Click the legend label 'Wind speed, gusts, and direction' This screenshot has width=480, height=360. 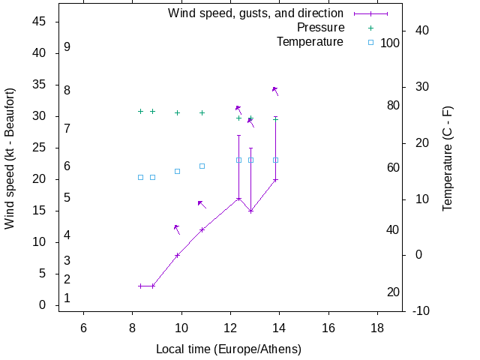click(255, 13)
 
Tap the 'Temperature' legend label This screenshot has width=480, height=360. click(310, 42)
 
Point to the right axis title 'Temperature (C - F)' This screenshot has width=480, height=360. click(448, 158)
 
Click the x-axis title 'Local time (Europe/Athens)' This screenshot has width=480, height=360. click(229, 349)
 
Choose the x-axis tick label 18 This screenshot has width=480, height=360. click(377, 328)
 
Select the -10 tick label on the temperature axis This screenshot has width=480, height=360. click(421, 311)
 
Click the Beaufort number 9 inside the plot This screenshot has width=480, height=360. click(67, 47)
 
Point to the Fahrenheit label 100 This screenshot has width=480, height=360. click(390, 43)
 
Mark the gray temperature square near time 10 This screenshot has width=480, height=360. click(177, 171)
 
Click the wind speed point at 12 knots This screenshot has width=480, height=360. click(202, 229)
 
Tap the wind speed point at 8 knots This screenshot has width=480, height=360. click(177, 255)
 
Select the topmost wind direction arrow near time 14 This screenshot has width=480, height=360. click(275, 89)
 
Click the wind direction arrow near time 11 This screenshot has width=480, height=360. click(201, 202)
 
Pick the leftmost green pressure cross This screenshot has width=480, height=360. click(140, 111)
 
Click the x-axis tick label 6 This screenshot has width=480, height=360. click(83, 328)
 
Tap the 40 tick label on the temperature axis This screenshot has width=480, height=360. click(421, 31)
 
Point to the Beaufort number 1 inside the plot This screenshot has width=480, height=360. click(67, 298)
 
